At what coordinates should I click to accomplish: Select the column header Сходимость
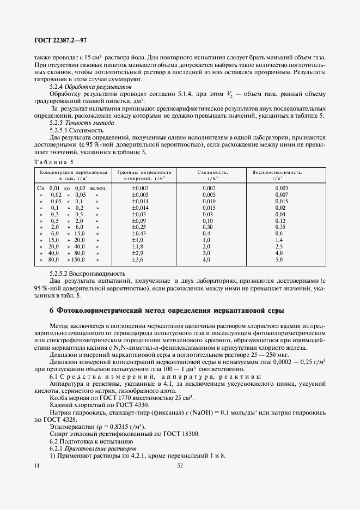click(209, 172)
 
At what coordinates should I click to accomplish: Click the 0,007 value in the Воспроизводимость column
click(281, 195)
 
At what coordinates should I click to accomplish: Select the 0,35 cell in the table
click(280, 226)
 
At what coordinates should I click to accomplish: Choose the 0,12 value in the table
click(280, 220)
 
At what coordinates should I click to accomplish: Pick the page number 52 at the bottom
click(180, 465)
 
